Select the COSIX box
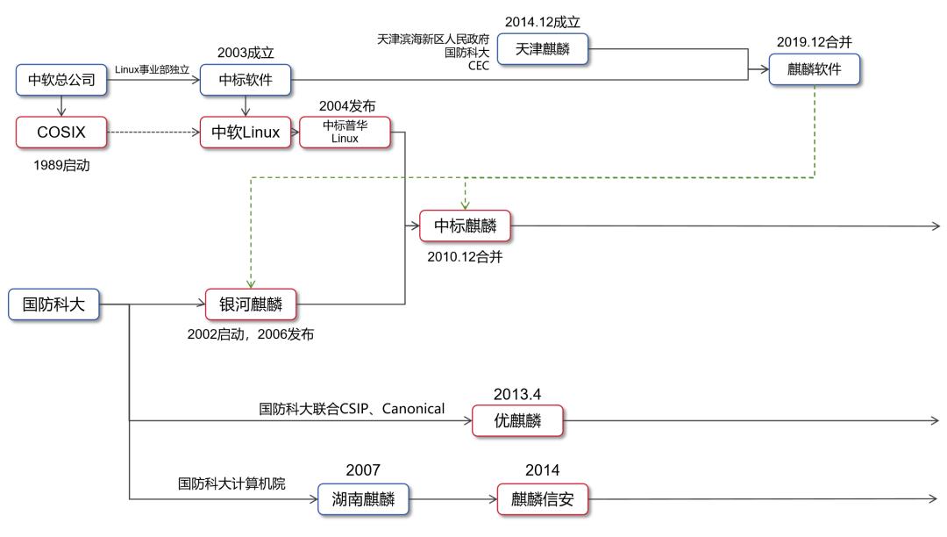pos(61,132)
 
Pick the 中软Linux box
pos(246,132)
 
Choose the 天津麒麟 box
pos(542,49)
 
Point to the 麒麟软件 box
pos(815,69)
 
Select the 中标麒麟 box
pos(465,226)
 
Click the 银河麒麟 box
pos(251,304)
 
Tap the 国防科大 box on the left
pos(53,304)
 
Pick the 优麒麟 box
pos(516,421)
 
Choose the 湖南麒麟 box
pos(363,499)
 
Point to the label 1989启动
pos(61,165)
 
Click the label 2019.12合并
pos(815,41)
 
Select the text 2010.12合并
pos(465,258)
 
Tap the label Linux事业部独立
pos(153,69)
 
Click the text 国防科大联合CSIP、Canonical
pos(352,408)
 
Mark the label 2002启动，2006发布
pos(252,335)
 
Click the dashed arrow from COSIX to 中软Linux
pos(153,132)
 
